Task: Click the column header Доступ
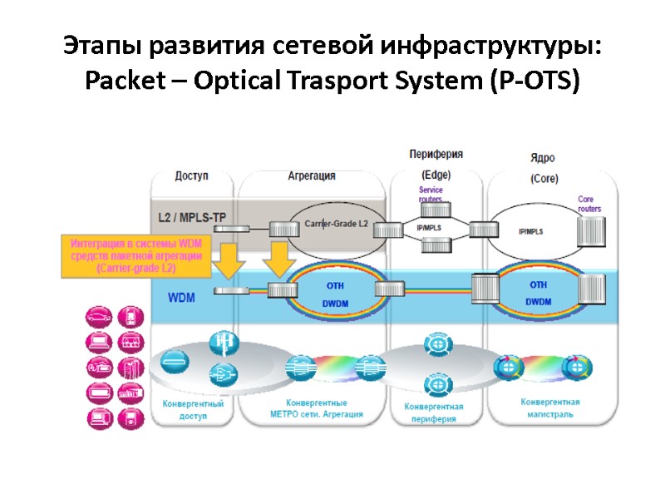pyautogui.click(x=191, y=175)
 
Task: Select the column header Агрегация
pyautogui.click(x=312, y=175)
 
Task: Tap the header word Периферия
pyautogui.click(x=436, y=155)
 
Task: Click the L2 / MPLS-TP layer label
pyautogui.click(x=191, y=218)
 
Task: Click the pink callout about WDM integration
pyautogui.click(x=135, y=255)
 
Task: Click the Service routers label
pyautogui.click(x=431, y=195)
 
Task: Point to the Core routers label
pyautogui.click(x=589, y=204)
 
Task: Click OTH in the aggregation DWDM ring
pyautogui.click(x=335, y=284)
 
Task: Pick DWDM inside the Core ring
pyautogui.click(x=538, y=302)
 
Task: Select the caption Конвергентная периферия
pyautogui.click(x=433, y=413)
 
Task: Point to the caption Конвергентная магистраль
pyautogui.click(x=549, y=408)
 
